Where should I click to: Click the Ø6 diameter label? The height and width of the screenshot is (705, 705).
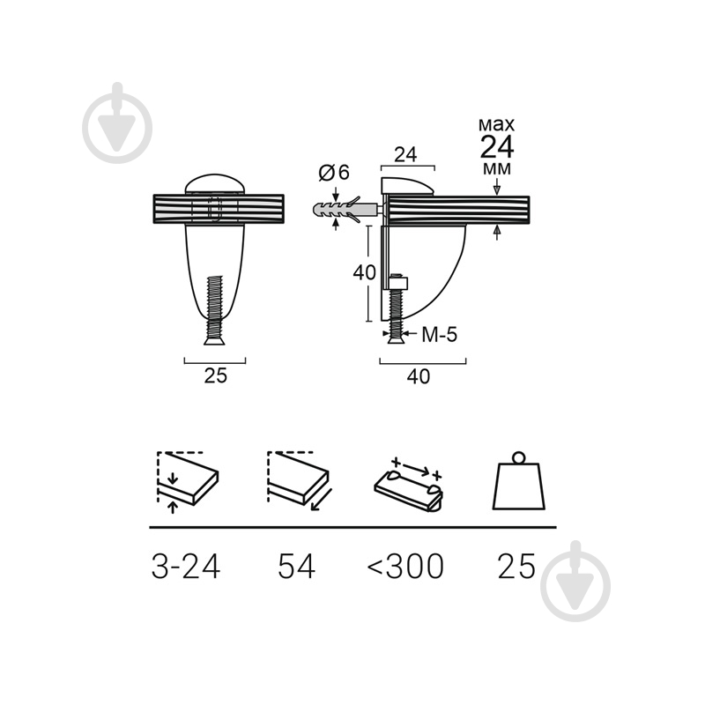pos(334,173)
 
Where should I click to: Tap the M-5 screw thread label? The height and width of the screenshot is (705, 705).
pos(439,335)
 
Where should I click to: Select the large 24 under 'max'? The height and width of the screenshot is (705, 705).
pos(497,146)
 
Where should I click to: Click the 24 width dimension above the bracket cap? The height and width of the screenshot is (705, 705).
pos(405,155)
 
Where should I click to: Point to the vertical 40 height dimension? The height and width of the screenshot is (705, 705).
pos(364,272)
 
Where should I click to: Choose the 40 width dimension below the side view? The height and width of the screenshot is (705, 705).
pos(419,376)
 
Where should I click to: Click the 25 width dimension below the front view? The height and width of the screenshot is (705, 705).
pos(216,376)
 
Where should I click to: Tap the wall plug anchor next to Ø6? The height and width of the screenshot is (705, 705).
pos(345,210)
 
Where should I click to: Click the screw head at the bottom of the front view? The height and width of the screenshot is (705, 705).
pos(214,341)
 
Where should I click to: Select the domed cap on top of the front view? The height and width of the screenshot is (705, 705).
pos(215,184)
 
